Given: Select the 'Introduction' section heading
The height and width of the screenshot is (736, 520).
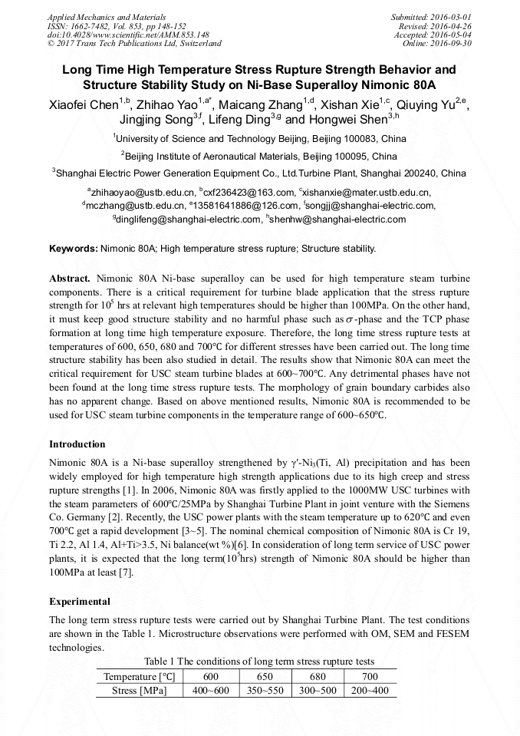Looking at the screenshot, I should (x=77, y=444).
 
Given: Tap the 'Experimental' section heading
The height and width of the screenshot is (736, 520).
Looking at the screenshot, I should (x=80, y=601).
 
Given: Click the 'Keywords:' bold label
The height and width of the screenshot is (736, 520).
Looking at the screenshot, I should (x=74, y=249).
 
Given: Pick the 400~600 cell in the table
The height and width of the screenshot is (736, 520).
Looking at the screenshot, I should (x=211, y=690).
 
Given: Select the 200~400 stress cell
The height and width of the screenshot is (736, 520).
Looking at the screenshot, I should (x=370, y=690).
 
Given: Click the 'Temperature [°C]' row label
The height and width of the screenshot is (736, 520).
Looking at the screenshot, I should (x=140, y=676).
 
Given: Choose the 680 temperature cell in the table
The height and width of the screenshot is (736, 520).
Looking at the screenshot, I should (x=318, y=676).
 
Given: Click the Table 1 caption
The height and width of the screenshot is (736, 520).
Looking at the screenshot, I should (x=259, y=662).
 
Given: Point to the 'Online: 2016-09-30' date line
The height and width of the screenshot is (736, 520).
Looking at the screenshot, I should (x=441, y=44).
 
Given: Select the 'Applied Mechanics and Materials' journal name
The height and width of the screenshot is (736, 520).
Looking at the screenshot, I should (x=108, y=16).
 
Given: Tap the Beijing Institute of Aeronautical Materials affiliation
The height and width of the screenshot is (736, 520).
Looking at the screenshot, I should (x=259, y=156).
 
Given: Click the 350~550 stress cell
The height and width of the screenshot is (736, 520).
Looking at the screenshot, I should (x=265, y=690).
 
